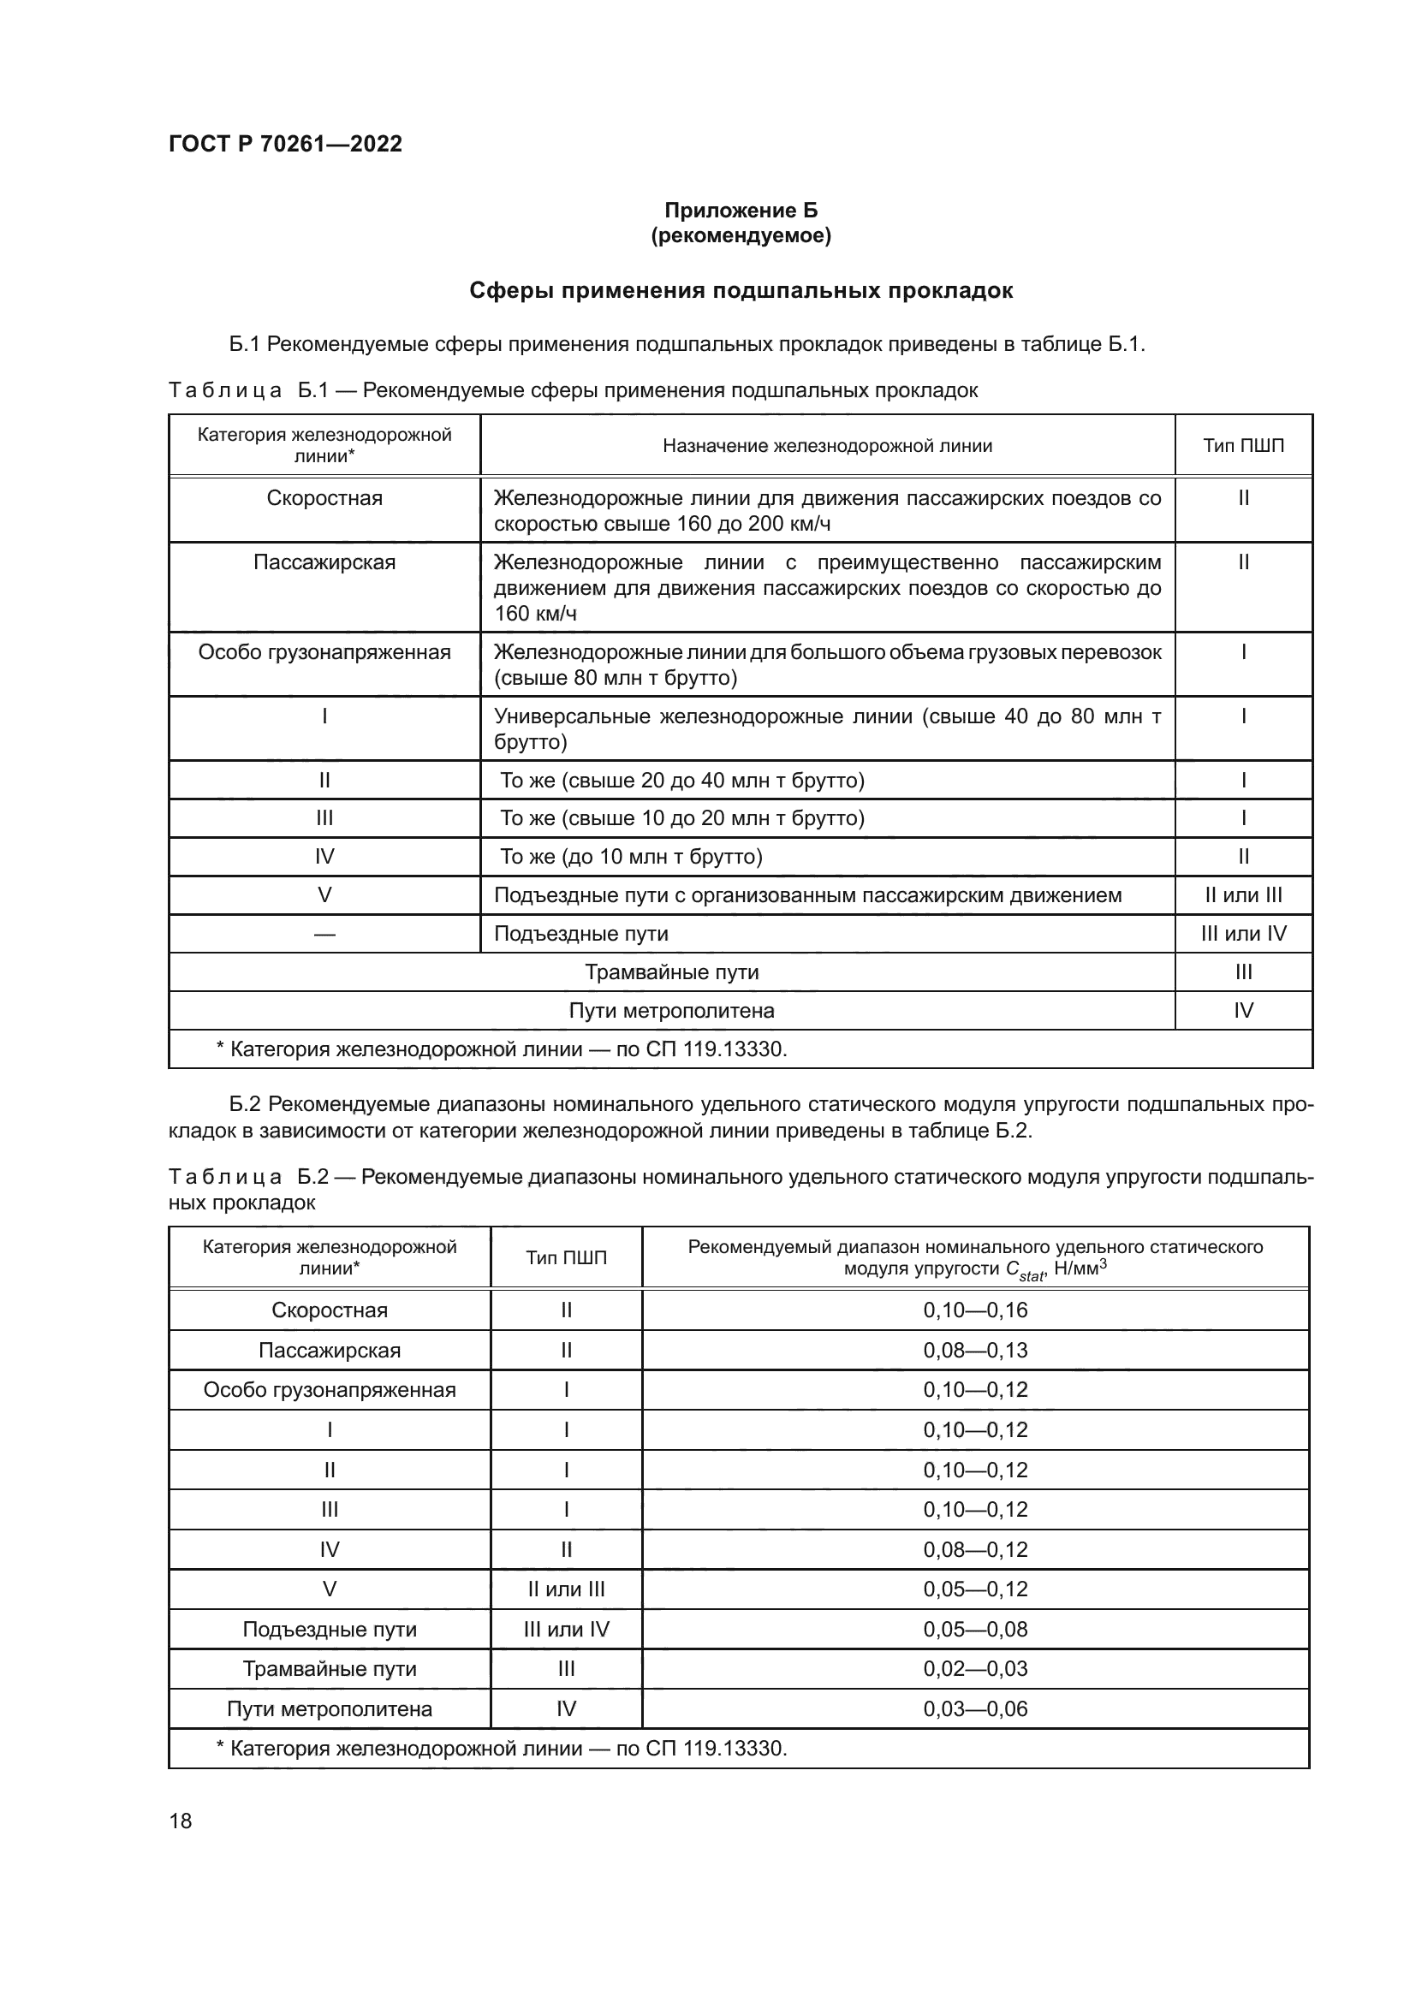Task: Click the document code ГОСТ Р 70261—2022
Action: tap(285, 144)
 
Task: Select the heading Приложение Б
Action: tap(741, 211)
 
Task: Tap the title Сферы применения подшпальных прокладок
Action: tap(741, 290)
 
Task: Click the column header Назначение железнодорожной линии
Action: tap(827, 446)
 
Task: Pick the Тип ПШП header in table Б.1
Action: tap(1242, 446)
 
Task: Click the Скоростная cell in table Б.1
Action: tap(324, 498)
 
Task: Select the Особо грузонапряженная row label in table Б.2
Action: tap(330, 1390)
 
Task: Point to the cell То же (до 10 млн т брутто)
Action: tap(630, 856)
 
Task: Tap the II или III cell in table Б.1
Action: tap(1242, 894)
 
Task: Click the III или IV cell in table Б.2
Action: tap(566, 1629)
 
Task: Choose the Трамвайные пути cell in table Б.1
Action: tap(671, 971)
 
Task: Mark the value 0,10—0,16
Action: tap(975, 1310)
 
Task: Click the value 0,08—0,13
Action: tap(975, 1350)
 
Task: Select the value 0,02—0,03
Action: tap(975, 1668)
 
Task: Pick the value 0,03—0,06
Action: tap(975, 1708)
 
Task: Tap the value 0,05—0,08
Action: tap(975, 1629)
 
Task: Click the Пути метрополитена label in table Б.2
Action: tap(330, 1708)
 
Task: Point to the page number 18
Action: tap(181, 1821)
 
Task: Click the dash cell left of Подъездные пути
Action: tap(324, 934)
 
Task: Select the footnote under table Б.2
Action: tap(502, 1748)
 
